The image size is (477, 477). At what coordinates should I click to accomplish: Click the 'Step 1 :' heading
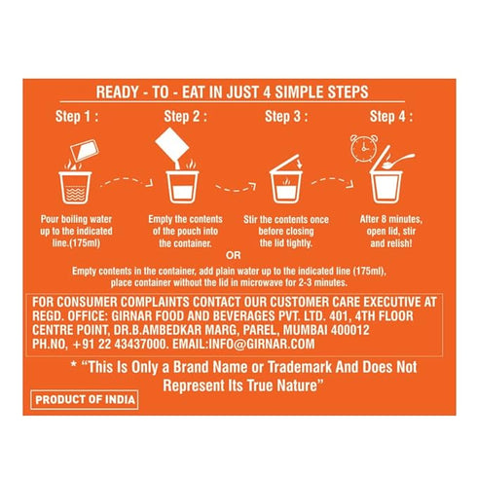(x=77, y=117)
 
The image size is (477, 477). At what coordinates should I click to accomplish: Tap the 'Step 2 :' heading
(x=185, y=117)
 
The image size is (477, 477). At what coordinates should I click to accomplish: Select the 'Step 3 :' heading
(x=286, y=117)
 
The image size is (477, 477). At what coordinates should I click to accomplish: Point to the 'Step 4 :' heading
(x=391, y=117)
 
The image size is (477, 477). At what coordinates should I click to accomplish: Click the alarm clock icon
(x=364, y=148)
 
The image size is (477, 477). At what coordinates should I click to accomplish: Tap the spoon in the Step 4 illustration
(x=398, y=161)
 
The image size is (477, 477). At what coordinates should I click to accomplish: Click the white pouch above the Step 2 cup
(x=172, y=145)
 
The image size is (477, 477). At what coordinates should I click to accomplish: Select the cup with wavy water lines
(x=75, y=187)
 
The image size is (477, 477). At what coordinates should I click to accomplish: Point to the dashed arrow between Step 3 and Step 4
(x=332, y=182)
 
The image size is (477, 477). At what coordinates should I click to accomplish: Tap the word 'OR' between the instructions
(x=234, y=256)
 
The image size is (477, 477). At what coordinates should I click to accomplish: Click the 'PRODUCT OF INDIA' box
(x=85, y=399)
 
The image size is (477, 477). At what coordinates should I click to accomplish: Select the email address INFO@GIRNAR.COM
(x=261, y=344)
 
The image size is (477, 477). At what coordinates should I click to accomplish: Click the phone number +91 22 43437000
(x=120, y=344)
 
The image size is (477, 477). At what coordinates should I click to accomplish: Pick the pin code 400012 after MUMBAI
(x=349, y=330)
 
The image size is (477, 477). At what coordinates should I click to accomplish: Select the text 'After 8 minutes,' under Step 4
(x=391, y=219)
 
